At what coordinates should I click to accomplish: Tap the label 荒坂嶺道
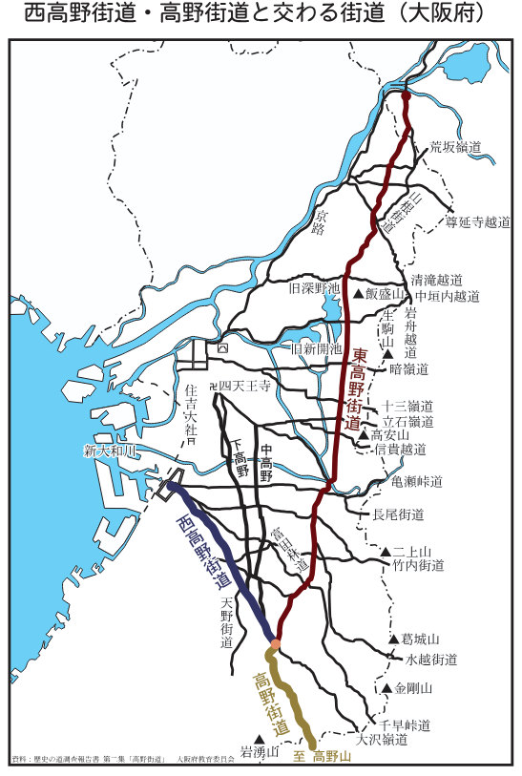tap(454, 146)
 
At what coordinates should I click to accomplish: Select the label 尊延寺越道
tap(478, 221)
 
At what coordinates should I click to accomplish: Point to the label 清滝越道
tap(436, 280)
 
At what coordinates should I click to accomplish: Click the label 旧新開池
tap(316, 349)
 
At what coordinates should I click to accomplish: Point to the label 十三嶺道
tap(407, 405)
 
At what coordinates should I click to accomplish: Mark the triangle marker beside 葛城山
tap(393, 640)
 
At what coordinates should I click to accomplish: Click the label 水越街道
tap(431, 659)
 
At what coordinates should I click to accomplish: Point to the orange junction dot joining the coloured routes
tap(276, 645)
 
